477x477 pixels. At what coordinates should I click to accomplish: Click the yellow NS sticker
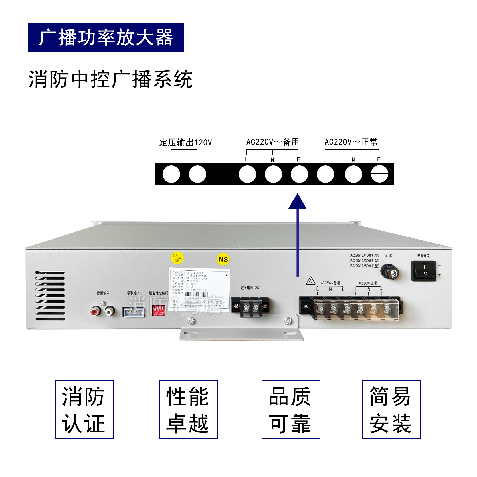tap(223, 259)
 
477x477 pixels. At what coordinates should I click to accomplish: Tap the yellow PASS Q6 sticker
tap(177, 258)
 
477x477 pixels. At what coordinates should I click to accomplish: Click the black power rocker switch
tap(424, 270)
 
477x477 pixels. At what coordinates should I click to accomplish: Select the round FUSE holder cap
tap(390, 272)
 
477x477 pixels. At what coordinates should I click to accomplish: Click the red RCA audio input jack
tap(96, 310)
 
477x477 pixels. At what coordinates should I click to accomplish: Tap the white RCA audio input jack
tap(109, 310)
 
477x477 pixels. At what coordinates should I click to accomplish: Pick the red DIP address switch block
tap(159, 310)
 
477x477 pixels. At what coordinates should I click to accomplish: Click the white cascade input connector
tap(133, 312)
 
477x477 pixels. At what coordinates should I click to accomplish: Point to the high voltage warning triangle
tap(311, 281)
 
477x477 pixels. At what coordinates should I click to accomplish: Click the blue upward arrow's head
tap(298, 201)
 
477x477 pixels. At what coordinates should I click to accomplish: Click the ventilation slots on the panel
tap(50, 296)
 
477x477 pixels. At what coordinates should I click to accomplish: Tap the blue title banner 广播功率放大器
tap(106, 37)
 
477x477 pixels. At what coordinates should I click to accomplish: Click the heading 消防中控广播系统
tap(110, 79)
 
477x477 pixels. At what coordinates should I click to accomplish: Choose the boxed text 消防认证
tap(84, 409)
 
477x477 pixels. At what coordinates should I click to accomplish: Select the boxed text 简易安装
tap(391, 409)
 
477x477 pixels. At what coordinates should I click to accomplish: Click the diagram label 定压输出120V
tap(185, 142)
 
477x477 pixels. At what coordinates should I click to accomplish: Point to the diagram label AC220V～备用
tap(273, 142)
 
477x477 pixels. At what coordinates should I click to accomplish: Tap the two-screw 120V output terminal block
tap(251, 307)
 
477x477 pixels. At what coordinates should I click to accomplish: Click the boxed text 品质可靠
tap(291, 409)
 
